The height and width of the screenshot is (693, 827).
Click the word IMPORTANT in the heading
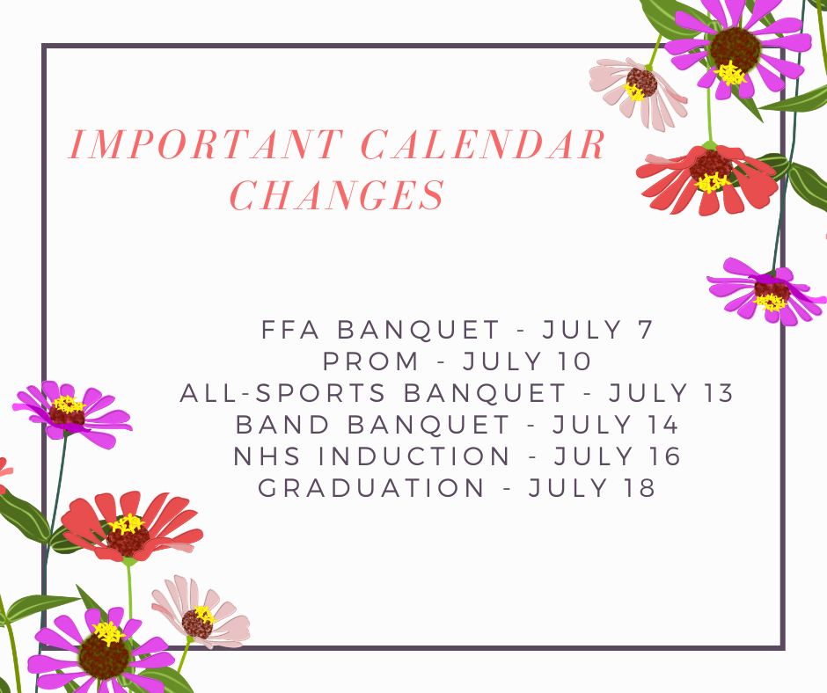[x=206, y=144]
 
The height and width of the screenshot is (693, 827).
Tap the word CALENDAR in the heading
[x=484, y=144]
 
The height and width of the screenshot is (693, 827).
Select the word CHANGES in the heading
[x=338, y=194]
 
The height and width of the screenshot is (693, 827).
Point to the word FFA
[x=290, y=330]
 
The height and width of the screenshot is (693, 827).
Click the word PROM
[x=370, y=361]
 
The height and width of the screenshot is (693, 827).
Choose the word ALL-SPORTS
[x=283, y=393]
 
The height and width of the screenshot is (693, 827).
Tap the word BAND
[x=282, y=425]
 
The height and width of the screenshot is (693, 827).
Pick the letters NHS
[x=267, y=456]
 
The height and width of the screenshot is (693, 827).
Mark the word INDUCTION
[x=414, y=456]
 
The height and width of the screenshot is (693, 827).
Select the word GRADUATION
[x=371, y=488]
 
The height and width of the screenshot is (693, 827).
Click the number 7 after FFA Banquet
[x=646, y=330]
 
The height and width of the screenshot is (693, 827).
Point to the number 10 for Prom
[x=575, y=361]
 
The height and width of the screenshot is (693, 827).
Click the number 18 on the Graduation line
[x=640, y=488]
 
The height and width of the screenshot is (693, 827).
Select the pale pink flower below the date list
[x=201, y=612]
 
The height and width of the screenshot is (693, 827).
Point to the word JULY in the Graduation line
[x=569, y=488]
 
